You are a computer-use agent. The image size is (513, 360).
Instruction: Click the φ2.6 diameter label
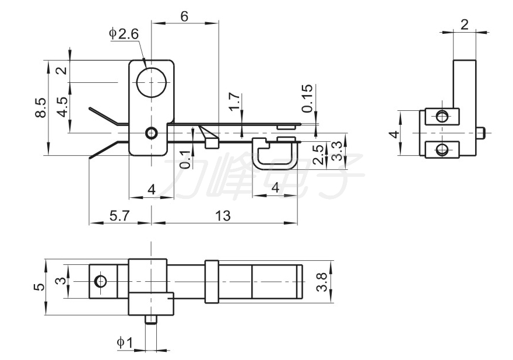pos(124,34)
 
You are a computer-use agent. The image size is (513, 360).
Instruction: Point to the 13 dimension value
pos(222,215)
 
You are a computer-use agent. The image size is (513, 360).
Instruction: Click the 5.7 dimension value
pos(120,215)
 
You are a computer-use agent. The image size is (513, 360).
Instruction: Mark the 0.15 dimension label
pos(308,99)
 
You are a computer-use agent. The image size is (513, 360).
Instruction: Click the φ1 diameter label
pos(125,342)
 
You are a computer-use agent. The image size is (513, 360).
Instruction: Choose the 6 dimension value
pos(184,16)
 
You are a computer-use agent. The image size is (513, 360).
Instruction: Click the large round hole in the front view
pos(151,81)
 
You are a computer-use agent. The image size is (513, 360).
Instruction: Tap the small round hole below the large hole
pos(152,133)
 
